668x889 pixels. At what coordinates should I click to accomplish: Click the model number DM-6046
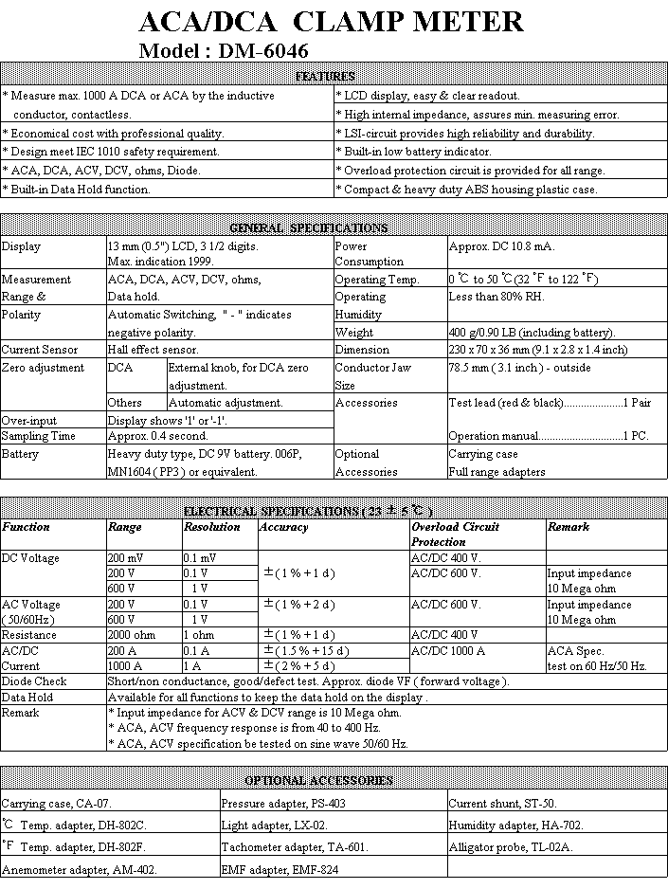click(264, 51)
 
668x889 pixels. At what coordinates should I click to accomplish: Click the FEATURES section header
click(325, 77)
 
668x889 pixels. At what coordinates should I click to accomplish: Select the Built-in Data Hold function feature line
click(77, 190)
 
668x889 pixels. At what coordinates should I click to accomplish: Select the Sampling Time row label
click(39, 436)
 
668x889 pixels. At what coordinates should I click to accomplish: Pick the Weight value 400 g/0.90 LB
click(532, 333)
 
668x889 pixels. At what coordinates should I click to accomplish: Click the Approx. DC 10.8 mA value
click(501, 246)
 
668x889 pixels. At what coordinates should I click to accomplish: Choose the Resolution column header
click(212, 527)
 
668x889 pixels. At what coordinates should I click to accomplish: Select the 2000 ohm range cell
click(131, 635)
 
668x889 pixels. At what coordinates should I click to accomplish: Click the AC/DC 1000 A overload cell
click(448, 650)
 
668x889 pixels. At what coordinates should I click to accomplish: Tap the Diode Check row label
click(34, 681)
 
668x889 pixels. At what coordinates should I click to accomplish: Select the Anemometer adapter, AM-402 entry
click(80, 868)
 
